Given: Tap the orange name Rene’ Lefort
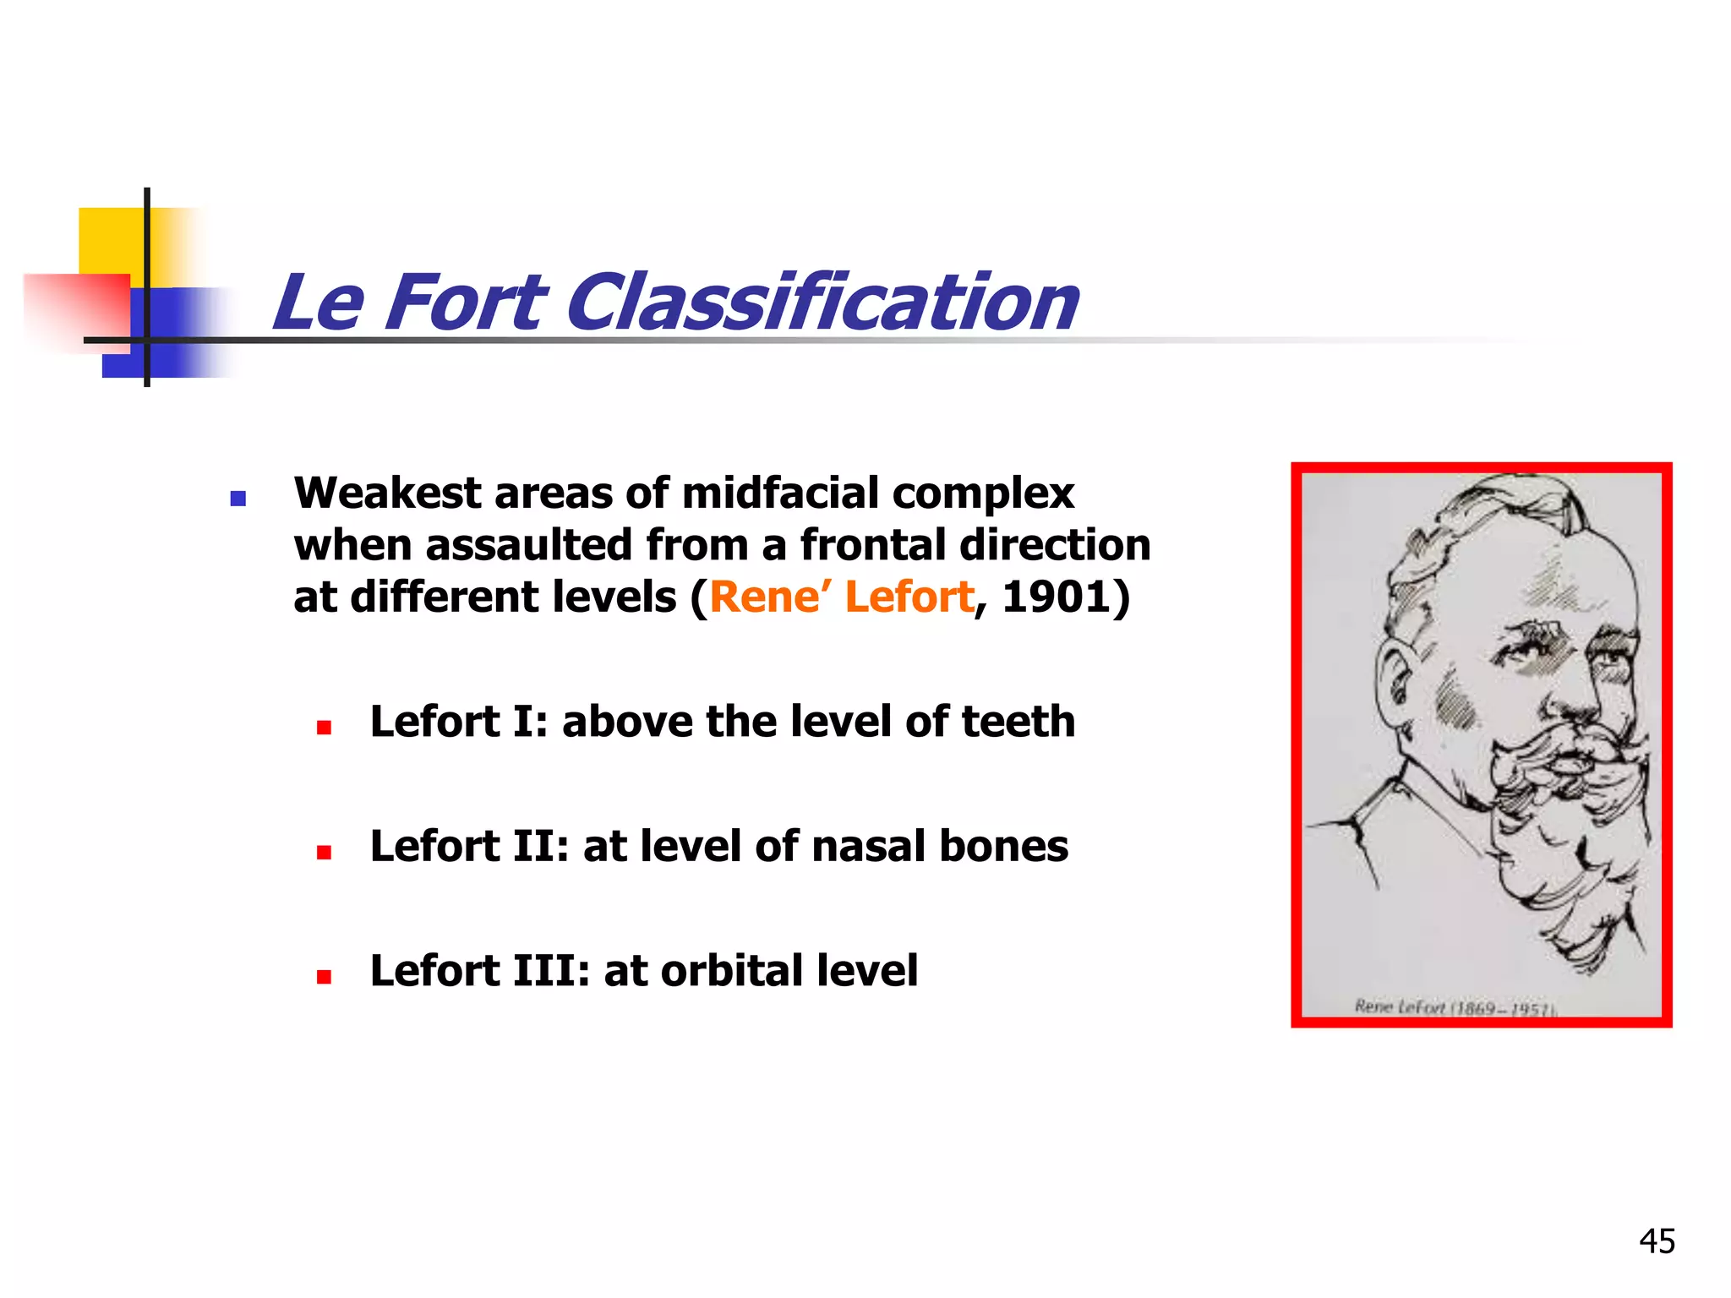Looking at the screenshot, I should pos(841,597).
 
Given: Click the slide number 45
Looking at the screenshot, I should pos(1657,1241).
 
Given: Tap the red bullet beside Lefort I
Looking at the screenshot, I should pos(324,728).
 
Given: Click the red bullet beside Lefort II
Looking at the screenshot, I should pos(324,853).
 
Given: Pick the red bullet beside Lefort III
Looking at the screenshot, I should pos(324,977).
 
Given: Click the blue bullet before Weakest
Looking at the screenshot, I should pos(238,499).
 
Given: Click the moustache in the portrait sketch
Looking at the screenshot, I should pos(1555,761).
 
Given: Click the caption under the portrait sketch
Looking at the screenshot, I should pos(1454,1006).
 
